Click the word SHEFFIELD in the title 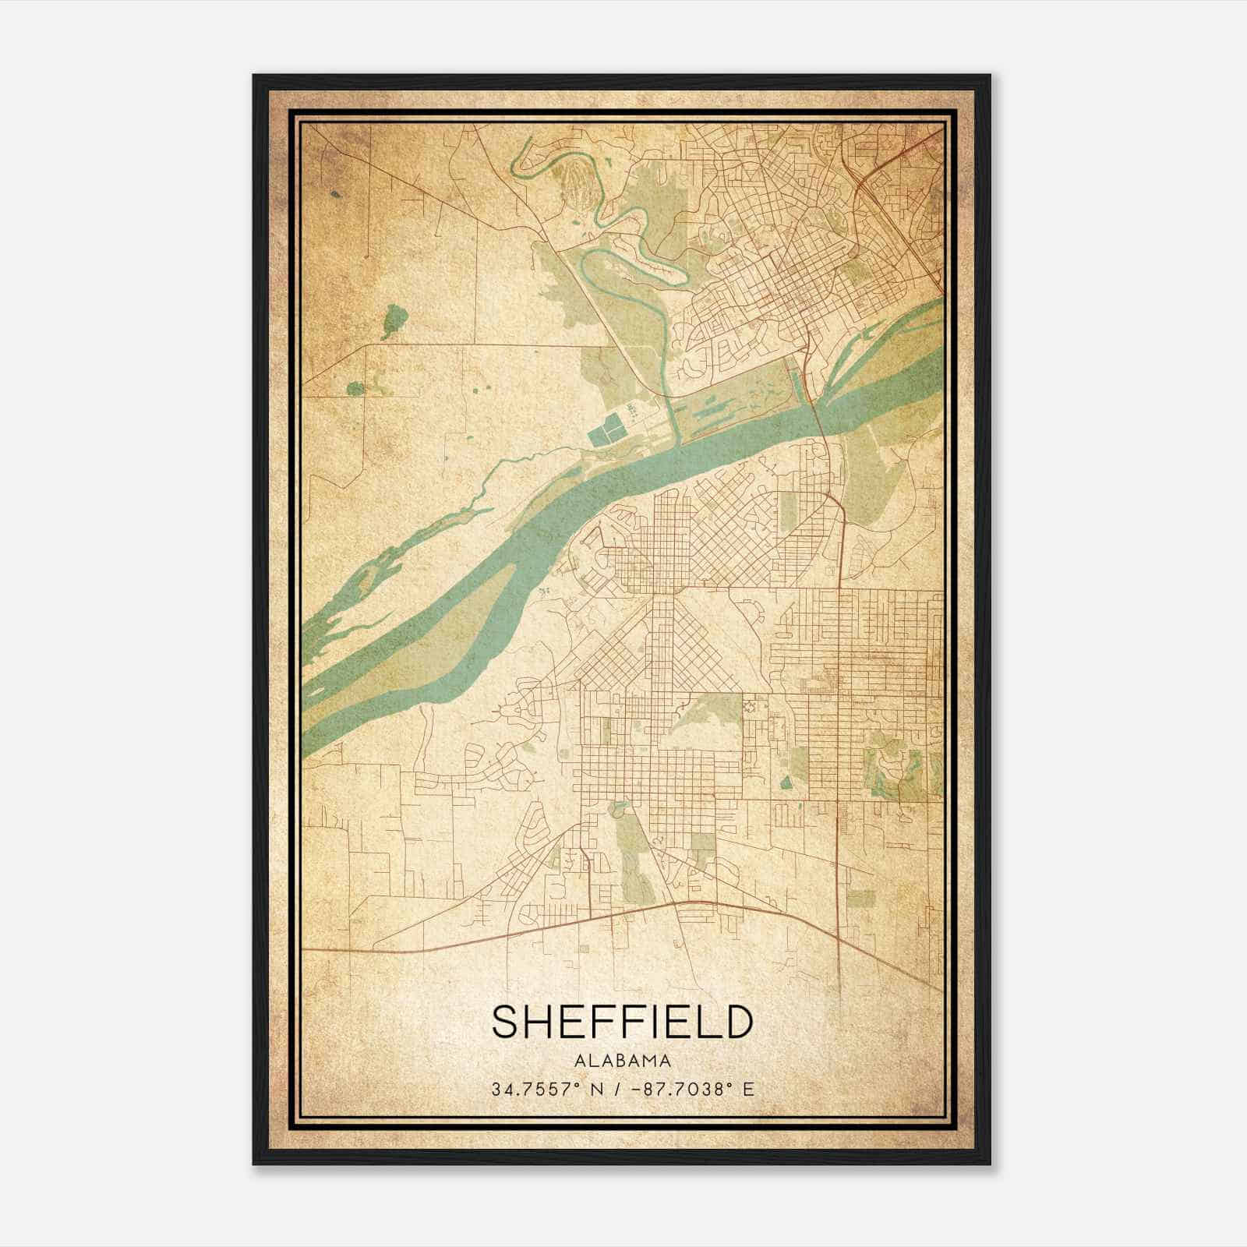pyautogui.click(x=623, y=1023)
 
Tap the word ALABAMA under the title pyautogui.click(x=623, y=1061)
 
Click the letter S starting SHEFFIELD pyautogui.click(x=507, y=1023)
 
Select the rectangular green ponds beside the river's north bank pyautogui.click(x=606, y=429)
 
